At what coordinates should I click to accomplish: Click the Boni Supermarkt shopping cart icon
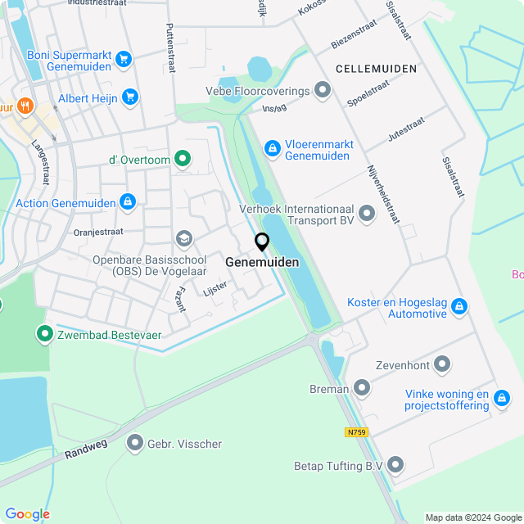click(124, 58)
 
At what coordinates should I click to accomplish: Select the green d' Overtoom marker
click(183, 159)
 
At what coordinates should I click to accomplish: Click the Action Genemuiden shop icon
click(127, 201)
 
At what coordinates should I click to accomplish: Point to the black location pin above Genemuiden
click(262, 242)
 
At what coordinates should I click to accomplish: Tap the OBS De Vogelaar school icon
click(183, 238)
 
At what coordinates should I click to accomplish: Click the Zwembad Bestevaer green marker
click(43, 333)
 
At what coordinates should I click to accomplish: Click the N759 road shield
click(355, 432)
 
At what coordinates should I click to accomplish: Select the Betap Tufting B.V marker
click(396, 466)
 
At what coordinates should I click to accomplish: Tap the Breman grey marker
click(361, 388)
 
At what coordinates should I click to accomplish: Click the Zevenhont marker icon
click(443, 363)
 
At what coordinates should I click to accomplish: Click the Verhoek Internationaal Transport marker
click(366, 214)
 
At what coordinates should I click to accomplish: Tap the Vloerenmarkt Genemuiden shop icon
click(272, 148)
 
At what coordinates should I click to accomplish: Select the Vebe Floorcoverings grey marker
click(323, 90)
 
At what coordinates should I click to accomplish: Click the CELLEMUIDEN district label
click(376, 69)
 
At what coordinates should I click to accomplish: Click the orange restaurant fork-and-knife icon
click(25, 106)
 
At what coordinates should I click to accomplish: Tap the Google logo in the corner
click(27, 513)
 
